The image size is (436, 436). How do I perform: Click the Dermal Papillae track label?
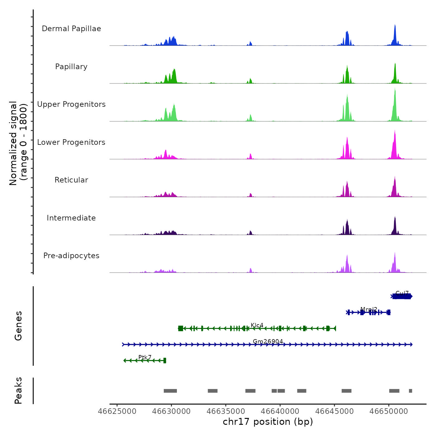click(71, 29)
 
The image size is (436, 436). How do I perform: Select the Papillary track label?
click(71, 67)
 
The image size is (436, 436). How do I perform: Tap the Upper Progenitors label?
click(71, 104)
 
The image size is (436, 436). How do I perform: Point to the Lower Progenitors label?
click(71, 142)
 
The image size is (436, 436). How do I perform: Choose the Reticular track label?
click(71, 180)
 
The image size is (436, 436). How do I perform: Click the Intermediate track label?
click(71, 218)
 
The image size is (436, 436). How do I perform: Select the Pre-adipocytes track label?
click(71, 256)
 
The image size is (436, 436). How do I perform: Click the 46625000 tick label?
click(117, 411)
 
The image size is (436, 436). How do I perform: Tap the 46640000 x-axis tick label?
click(280, 411)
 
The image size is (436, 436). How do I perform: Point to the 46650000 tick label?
click(389, 411)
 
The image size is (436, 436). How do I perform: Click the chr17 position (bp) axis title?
click(268, 422)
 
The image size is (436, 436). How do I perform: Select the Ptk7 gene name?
click(145, 357)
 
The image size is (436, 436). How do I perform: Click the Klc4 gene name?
click(257, 325)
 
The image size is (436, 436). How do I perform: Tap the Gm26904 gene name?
click(268, 341)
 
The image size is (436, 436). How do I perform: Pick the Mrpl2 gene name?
click(369, 309)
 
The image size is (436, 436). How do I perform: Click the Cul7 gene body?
click(401, 296)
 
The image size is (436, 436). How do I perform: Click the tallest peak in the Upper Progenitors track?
click(395, 90)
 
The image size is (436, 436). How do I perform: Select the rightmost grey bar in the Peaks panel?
click(410, 391)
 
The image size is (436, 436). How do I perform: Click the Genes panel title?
click(18, 326)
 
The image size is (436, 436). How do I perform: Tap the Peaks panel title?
click(18, 391)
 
